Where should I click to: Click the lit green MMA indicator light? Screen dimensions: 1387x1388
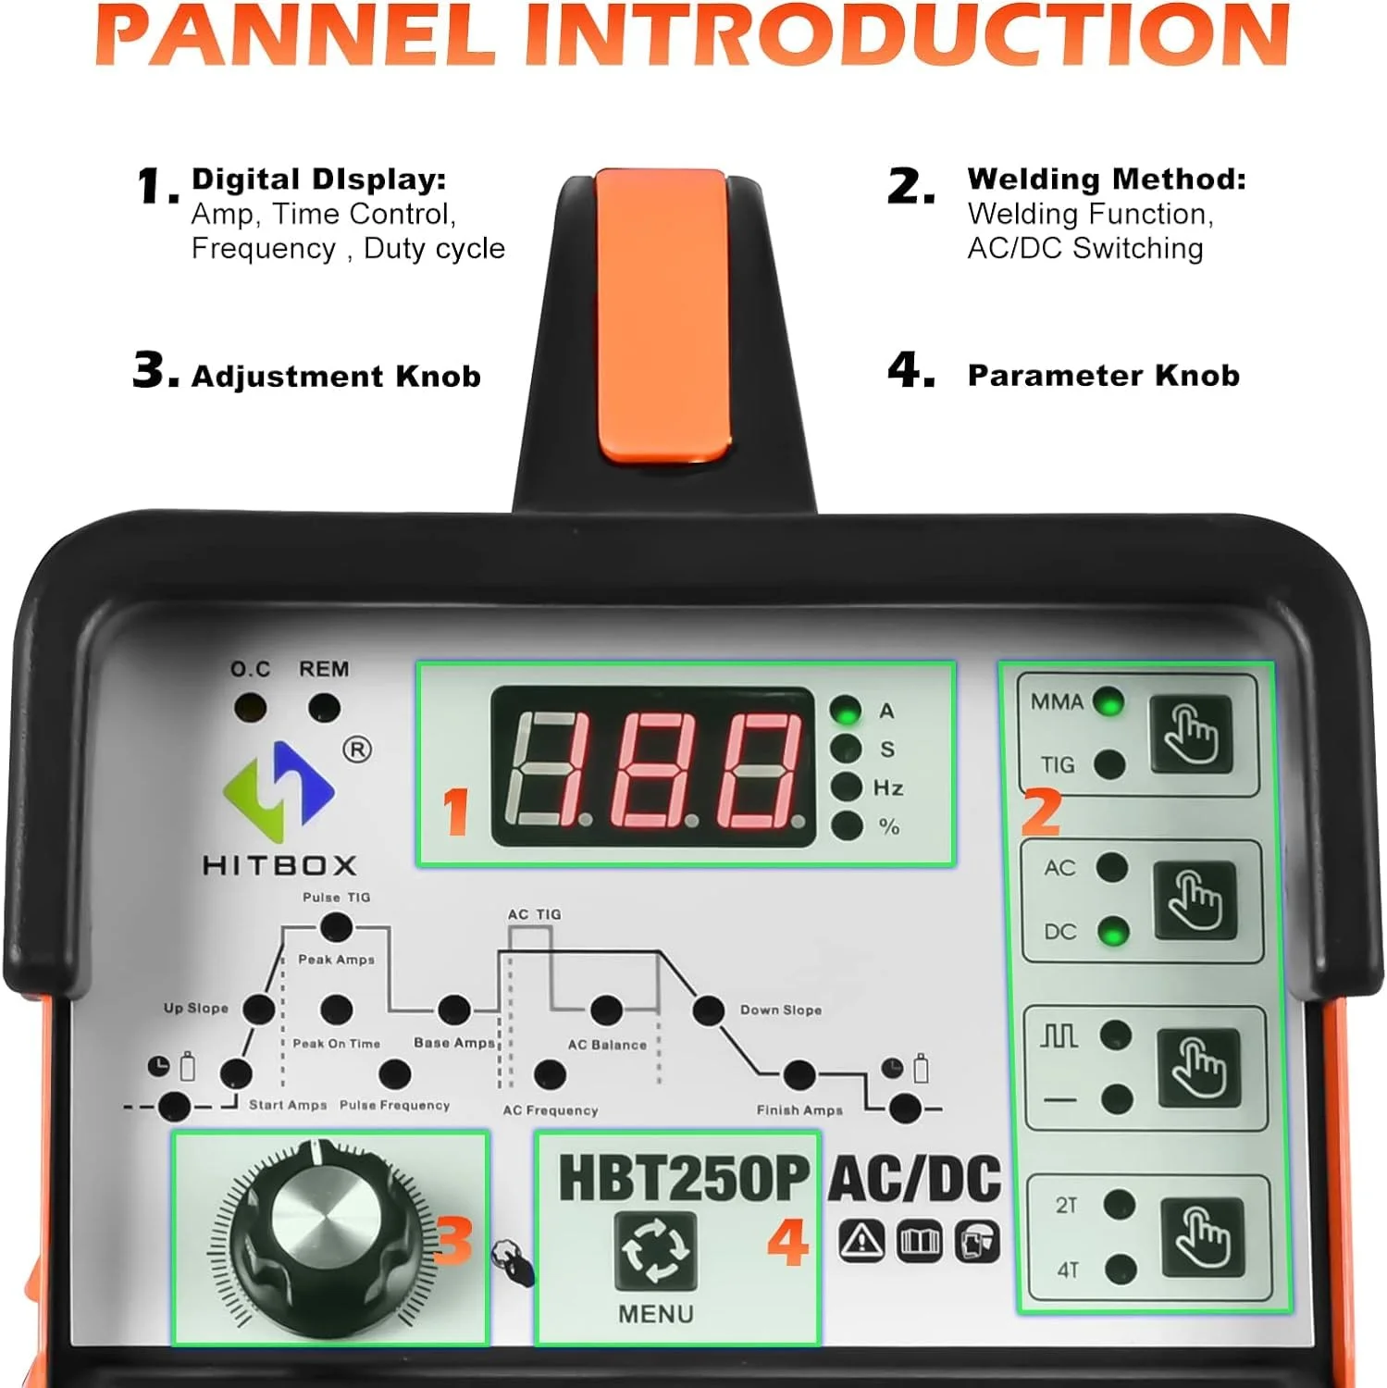(1108, 701)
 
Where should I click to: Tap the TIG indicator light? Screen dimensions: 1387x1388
(1109, 764)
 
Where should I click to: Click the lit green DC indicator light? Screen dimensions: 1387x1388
(1112, 932)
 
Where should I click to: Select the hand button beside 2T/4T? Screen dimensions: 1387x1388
(1202, 1236)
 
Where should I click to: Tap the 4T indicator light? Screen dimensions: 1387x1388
(1121, 1269)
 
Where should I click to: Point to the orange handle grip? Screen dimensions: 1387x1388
(662, 316)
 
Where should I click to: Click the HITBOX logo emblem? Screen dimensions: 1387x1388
(279, 785)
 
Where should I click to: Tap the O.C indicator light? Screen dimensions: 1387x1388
(250, 709)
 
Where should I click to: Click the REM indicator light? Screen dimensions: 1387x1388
(324, 709)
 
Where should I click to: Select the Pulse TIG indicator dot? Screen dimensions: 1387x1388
(336, 926)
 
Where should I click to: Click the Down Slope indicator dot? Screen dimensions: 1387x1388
(709, 1010)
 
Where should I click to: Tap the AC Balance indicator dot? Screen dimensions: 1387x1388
(606, 1010)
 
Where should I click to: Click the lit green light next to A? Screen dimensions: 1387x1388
(846, 711)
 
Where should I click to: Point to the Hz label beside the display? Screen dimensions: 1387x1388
(888, 788)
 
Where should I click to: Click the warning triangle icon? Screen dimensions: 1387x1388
(861, 1241)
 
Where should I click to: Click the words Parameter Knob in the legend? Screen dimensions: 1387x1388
(1103, 376)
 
